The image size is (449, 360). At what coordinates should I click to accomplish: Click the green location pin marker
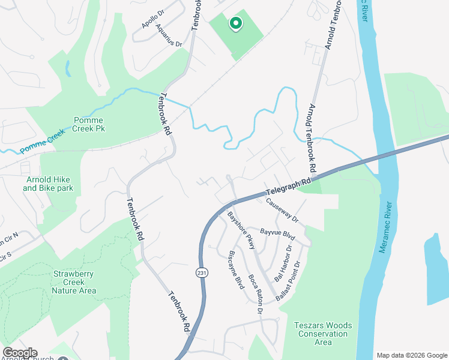click(236, 23)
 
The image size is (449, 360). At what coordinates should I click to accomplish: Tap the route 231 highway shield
click(200, 273)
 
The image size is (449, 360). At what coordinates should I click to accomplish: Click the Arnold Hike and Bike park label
click(48, 184)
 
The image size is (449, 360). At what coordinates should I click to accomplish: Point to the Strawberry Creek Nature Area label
click(74, 282)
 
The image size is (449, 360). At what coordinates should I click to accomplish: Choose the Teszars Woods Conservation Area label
click(323, 334)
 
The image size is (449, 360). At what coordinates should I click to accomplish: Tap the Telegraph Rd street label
click(289, 186)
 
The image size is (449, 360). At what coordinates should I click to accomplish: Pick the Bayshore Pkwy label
click(241, 230)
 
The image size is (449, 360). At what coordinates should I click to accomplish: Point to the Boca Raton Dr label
click(256, 294)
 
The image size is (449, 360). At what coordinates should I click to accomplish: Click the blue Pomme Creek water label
click(41, 143)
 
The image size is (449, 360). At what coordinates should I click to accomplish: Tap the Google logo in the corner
click(20, 353)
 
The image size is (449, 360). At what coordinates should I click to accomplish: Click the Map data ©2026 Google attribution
click(411, 355)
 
